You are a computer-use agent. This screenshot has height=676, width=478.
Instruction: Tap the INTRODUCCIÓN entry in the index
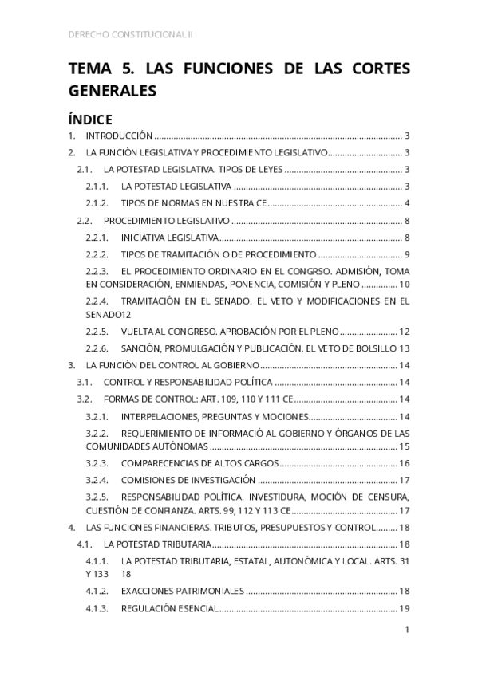[119, 136]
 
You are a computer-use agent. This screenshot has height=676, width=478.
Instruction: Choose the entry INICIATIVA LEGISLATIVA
[168, 238]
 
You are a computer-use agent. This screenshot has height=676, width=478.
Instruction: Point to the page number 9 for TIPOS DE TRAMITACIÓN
[406, 254]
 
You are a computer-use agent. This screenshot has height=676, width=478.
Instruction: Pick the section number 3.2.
[83, 399]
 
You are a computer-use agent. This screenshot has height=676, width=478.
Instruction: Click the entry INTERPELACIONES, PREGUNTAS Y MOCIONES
[213, 417]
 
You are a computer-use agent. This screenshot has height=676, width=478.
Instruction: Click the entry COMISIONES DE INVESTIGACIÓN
[188, 480]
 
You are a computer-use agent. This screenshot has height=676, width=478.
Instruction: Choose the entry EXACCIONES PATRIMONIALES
[181, 591]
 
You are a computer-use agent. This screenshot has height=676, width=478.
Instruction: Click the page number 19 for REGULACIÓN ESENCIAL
[404, 608]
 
